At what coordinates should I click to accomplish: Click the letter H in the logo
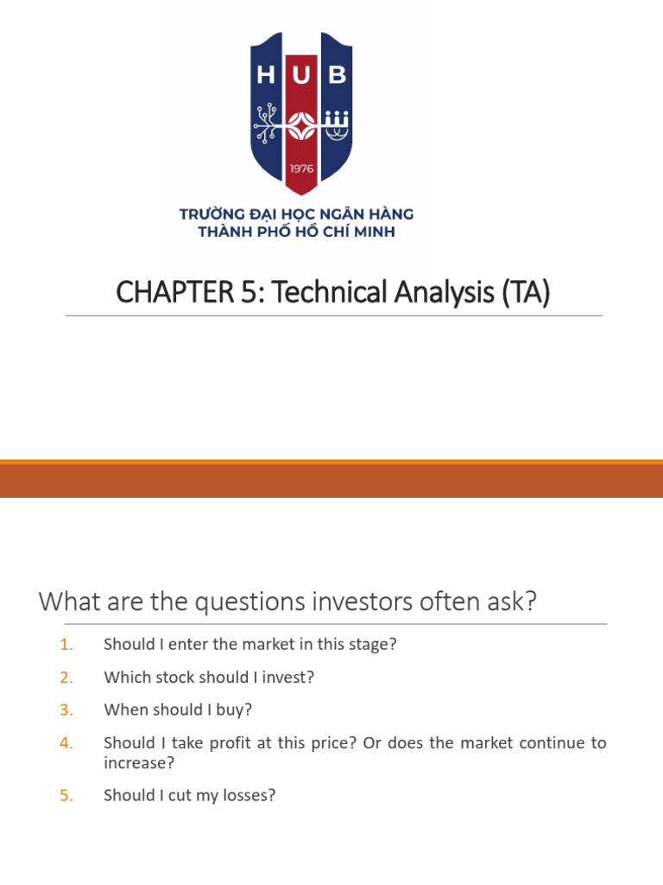tap(266, 76)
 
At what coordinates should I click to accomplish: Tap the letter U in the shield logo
tap(301, 76)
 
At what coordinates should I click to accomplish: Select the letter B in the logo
tap(338, 76)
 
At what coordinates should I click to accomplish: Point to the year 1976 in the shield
tap(301, 169)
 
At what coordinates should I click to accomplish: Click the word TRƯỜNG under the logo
tap(212, 213)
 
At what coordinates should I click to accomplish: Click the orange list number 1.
tap(67, 645)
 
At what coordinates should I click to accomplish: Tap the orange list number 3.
tap(67, 710)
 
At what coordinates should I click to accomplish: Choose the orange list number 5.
tap(67, 796)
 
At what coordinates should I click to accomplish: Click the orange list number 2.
tap(67, 678)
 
